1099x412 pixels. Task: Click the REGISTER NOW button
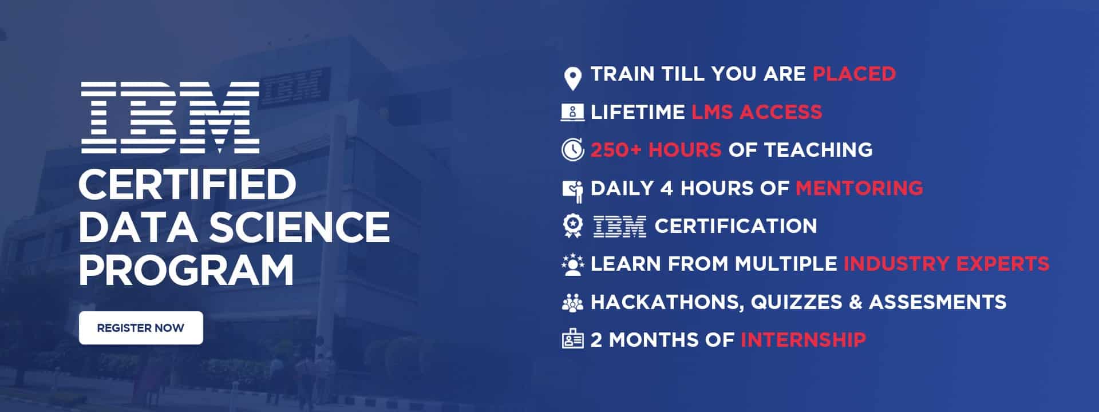pyautogui.click(x=141, y=328)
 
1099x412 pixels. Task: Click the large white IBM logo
pyautogui.click(x=170, y=118)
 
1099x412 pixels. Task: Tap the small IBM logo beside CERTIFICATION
pyautogui.click(x=620, y=226)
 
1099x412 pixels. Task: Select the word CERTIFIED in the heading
pyautogui.click(x=187, y=184)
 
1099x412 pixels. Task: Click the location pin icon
pyautogui.click(x=572, y=78)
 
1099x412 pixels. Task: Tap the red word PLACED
pyautogui.click(x=855, y=74)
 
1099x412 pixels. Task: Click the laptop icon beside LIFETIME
pyautogui.click(x=572, y=112)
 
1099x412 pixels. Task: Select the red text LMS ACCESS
pyautogui.click(x=757, y=112)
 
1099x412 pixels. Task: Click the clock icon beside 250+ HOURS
pyautogui.click(x=572, y=150)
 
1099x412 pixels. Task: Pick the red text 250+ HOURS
pyautogui.click(x=656, y=150)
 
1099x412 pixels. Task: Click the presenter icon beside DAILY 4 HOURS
pyautogui.click(x=573, y=191)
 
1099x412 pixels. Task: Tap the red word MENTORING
pyautogui.click(x=860, y=188)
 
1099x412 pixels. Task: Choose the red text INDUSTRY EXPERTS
pyautogui.click(x=947, y=264)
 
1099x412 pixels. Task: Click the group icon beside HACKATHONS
pyautogui.click(x=572, y=302)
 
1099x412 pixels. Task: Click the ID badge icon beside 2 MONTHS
pyautogui.click(x=572, y=339)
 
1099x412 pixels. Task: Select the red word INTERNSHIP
pyautogui.click(x=803, y=340)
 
